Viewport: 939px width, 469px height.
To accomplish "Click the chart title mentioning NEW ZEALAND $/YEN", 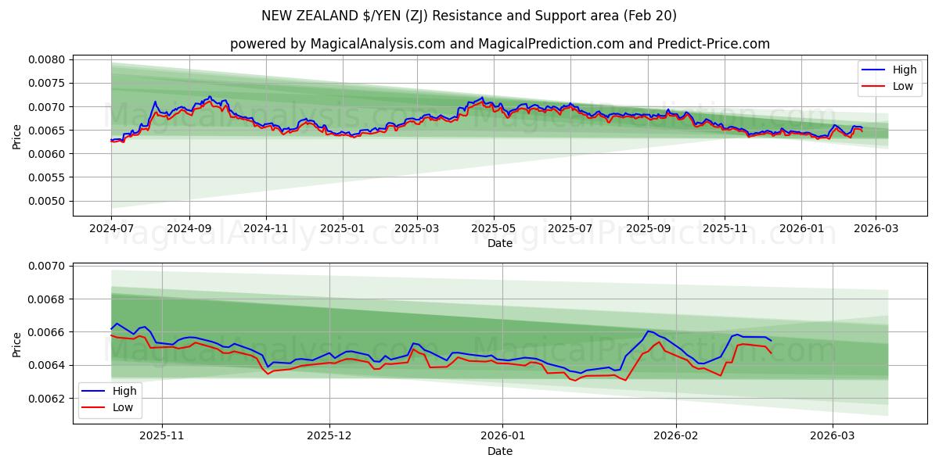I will click(x=469, y=16).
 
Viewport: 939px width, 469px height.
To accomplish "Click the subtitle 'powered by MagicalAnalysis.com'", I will click(x=499, y=44).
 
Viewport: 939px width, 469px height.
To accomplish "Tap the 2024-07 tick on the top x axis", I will click(x=111, y=228).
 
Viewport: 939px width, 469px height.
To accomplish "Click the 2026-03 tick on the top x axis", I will click(x=875, y=228).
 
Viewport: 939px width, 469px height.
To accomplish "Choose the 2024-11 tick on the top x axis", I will click(x=266, y=228).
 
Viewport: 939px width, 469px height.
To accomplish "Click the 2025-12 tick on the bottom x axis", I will click(x=329, y=436).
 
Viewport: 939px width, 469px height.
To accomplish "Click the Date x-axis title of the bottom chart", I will click(x=499, y=451).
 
